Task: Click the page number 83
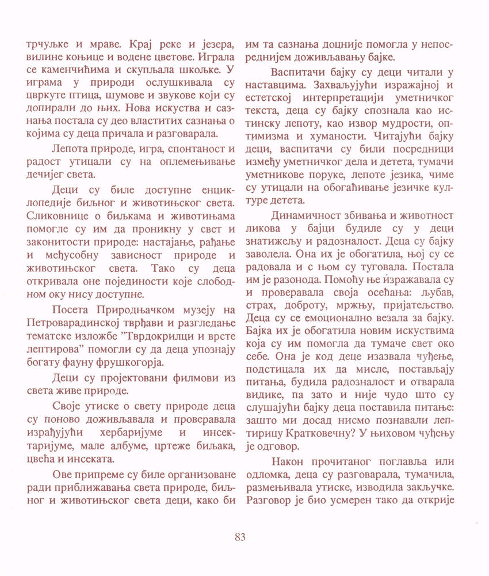[240, 537]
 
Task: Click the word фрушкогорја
[130, 362]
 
